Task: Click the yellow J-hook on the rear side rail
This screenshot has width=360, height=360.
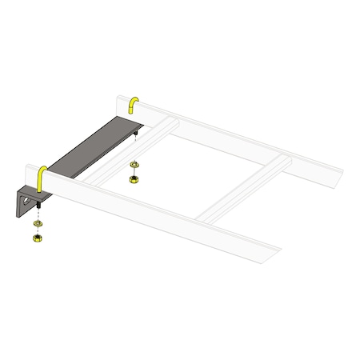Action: point(134,104)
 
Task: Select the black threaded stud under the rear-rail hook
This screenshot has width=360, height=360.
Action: point(137,135)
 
